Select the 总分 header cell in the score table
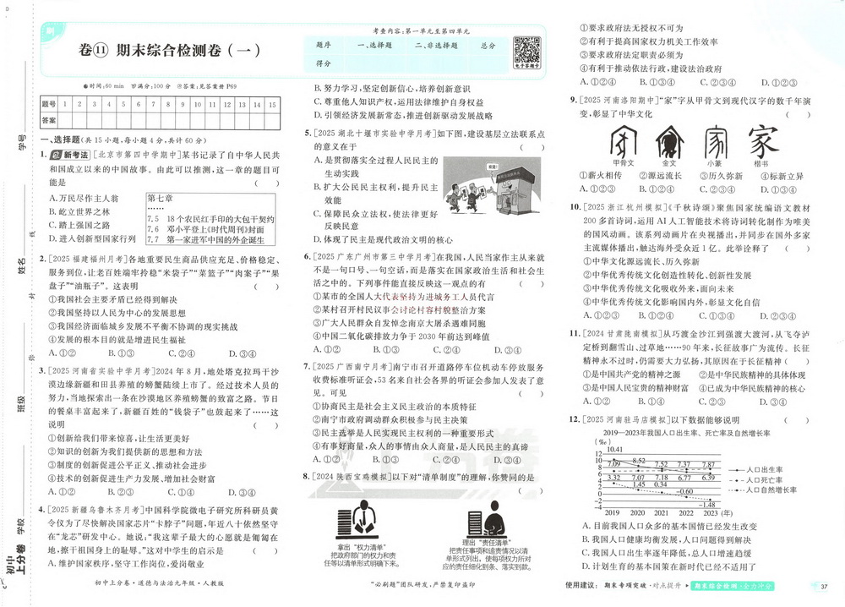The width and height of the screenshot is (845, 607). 488,45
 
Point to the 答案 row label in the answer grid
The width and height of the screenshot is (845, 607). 49,120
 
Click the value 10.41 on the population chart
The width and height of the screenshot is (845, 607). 613,449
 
